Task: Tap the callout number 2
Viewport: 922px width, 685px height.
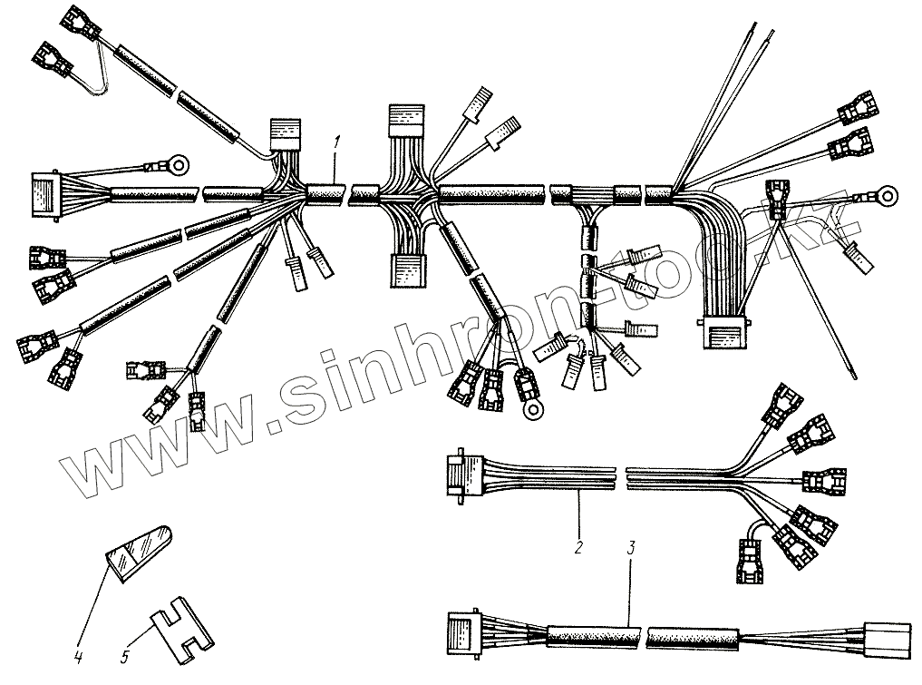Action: tap(578, 549)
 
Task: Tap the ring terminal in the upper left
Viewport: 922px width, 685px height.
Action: tap(179, 166)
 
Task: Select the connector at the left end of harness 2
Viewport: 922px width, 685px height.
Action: tap(458, 474)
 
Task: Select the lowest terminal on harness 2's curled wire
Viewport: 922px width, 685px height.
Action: tap(750, 563)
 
